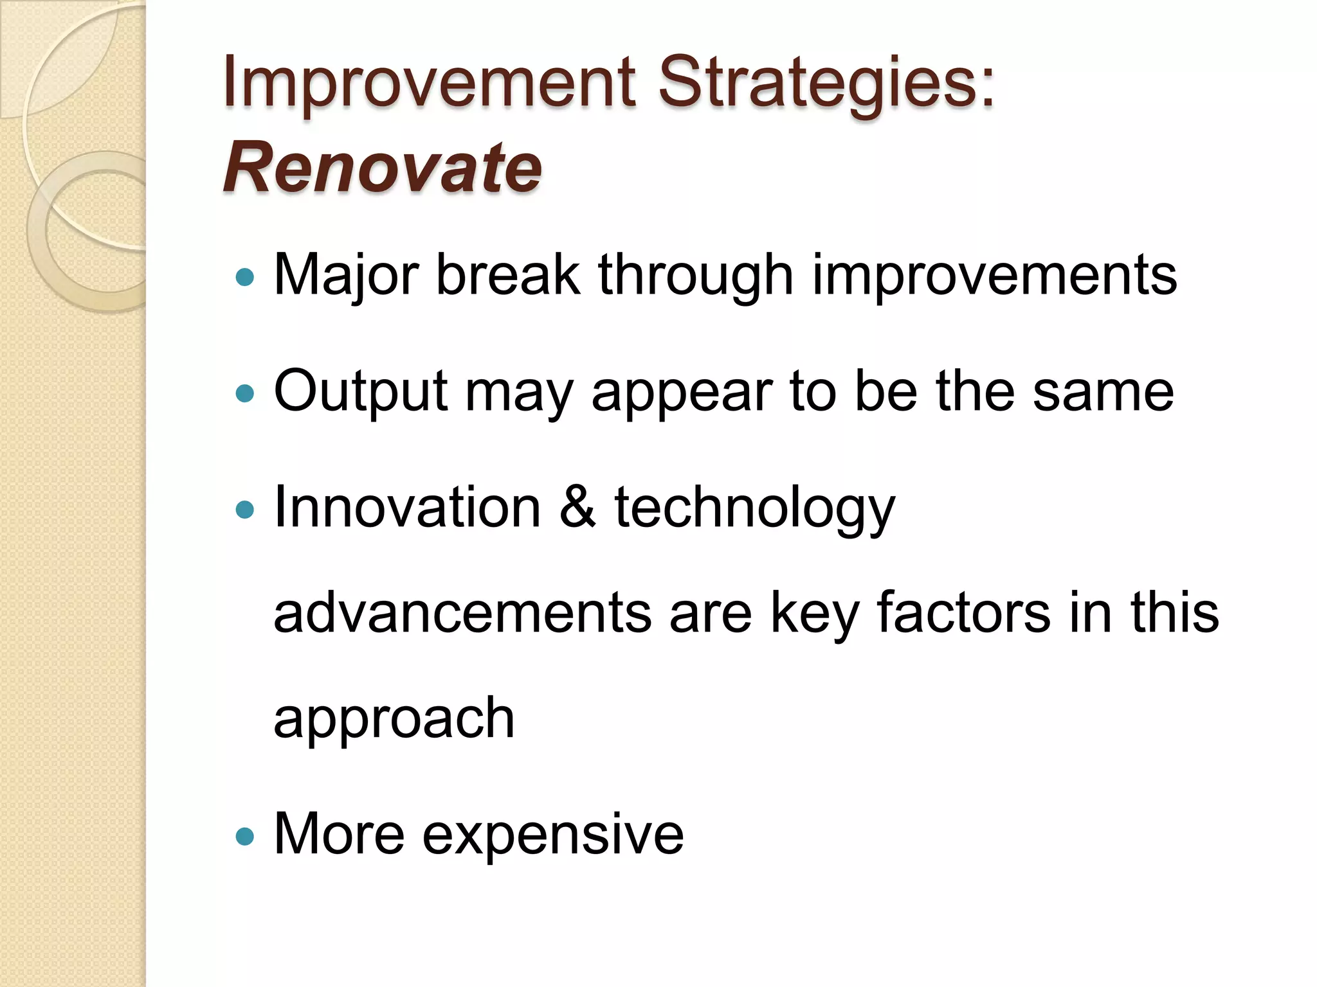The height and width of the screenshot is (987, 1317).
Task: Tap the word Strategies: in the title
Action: (x=826, y=84)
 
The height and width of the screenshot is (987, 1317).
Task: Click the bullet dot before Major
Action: (x=245, y=278)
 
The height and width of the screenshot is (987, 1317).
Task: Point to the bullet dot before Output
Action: (x=245, y=393)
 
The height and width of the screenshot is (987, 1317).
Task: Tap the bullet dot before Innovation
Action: (x=245, y=510)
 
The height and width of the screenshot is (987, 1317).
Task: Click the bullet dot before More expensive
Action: (x=245, y=836)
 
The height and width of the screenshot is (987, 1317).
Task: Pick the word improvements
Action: (x=994, y=275)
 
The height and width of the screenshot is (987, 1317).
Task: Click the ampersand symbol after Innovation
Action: (x=577, y=508)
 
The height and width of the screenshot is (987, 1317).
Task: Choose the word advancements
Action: (x=462, y=612)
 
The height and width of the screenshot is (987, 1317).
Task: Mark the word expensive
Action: (x=553, y=835)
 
